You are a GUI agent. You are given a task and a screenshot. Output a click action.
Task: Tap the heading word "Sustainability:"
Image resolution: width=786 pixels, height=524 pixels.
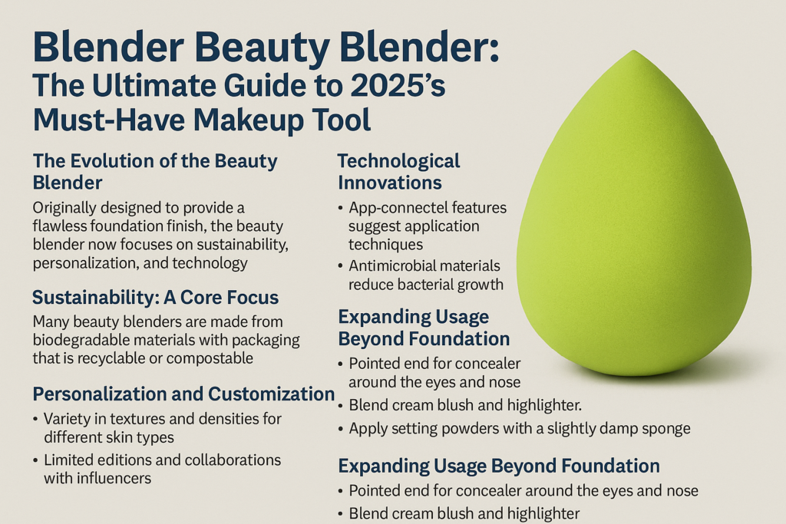click(94, 296)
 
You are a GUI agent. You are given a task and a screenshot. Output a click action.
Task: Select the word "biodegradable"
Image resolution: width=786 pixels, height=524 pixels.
click(84, 340)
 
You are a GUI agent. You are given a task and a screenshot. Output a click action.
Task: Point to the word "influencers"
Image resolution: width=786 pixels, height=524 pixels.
click(110, 478)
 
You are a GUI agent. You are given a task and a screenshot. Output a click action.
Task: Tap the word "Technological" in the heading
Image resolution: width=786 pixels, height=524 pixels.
click(398, 161)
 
